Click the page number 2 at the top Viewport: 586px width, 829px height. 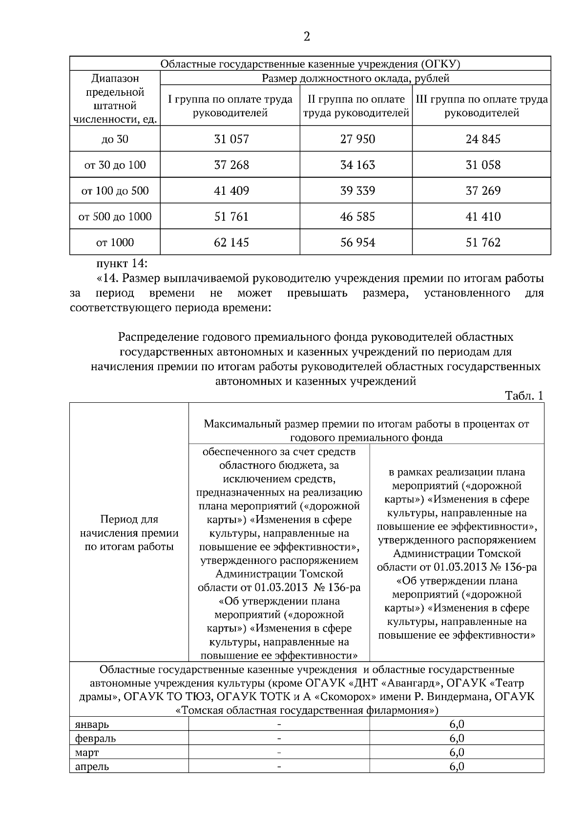click(306, 37)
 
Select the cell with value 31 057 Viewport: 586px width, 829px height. click(231, 139)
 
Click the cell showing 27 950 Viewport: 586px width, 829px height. click(357, 139)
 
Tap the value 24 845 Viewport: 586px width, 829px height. click(483, 139)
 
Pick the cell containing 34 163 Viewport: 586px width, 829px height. click(357, 165)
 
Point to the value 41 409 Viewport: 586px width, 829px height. click(231, 191)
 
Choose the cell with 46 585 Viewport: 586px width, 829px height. click(357, 217)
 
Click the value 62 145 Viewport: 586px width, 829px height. click(231, 243)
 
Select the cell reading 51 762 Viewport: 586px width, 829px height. click(483, 243)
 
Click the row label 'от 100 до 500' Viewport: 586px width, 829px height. click(115, 191)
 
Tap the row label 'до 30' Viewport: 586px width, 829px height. click(115, 139)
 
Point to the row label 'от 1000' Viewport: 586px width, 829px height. click(115, 243)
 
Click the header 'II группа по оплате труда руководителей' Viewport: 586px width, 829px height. click(356, 106)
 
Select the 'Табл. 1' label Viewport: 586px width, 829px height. click(524, 396)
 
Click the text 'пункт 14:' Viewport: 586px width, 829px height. click(122, 264)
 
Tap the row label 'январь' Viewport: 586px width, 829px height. click(92, 724)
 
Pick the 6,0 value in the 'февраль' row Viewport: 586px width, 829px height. click(457, 738)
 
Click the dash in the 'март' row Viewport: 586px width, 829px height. click(279, 752)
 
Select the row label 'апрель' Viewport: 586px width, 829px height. click(92, 767)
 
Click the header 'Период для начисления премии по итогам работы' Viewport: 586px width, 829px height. click(129, 533)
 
